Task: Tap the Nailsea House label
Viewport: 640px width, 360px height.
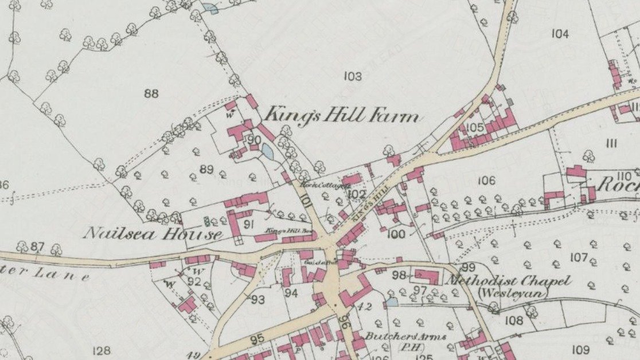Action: coord(153,234)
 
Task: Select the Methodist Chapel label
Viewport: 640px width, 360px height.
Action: coord(508,281)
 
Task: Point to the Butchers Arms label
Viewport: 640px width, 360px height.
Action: coord(405,336)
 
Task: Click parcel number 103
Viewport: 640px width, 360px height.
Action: coord(353,76)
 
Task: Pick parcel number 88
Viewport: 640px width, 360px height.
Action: coord(151,93)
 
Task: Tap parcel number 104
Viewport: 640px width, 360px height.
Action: coord(560,34)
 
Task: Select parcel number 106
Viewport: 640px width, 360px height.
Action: coord(486,181)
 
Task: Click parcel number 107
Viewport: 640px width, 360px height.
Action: coord(579,257)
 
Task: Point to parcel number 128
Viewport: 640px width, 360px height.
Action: coord(101,350)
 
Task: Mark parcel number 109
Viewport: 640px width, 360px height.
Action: coord(580,350)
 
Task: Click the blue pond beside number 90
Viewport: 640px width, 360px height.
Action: coord(267,151)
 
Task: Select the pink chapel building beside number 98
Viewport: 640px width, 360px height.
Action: coord(427,277)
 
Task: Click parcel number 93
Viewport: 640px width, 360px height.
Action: coord(258,299)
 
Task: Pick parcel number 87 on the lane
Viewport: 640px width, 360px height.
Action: coord(37,246)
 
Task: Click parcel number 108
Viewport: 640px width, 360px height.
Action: coord(514,320)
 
